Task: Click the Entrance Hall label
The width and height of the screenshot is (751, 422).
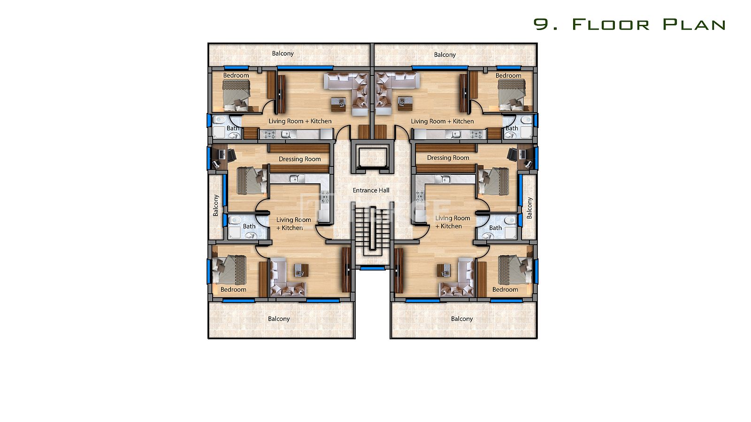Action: (x=371, y=190)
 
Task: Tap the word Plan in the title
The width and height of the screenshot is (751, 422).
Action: (x=694, y=24)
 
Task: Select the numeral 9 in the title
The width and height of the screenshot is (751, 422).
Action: (x=542, y=24)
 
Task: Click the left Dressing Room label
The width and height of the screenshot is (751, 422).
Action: (x=300, y=159)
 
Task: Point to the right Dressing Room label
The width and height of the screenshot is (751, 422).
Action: (x=448, y=158)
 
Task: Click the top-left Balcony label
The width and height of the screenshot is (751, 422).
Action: (x=283, y=53)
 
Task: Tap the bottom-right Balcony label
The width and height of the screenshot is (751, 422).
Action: (x=462, y=319)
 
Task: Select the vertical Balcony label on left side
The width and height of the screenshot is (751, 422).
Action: (x=215, y=205)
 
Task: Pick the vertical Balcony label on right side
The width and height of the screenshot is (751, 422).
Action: (x=529, y=208)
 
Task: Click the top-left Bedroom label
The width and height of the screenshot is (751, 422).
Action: (x=236, y=75)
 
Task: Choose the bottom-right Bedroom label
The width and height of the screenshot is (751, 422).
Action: (x=505, y=289)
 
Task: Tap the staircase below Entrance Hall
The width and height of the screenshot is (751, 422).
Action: (x=373, y=231)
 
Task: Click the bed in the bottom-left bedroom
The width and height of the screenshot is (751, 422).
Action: (x=231, y=270)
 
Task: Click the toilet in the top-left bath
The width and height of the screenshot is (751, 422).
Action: (x=221, y=120)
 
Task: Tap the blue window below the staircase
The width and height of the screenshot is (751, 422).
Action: (x=373, y=268)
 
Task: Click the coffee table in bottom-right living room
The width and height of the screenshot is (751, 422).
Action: (x=444, y=270)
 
